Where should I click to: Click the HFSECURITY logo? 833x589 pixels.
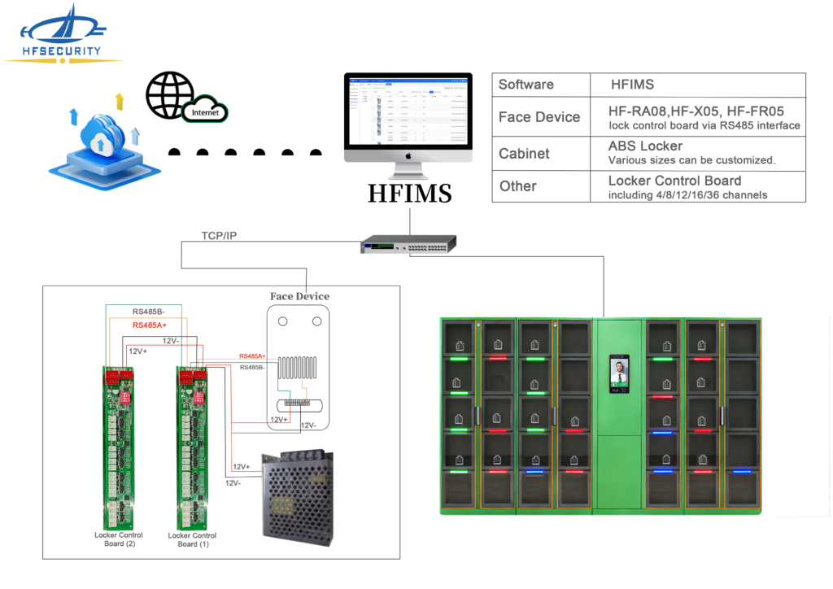point(61,34)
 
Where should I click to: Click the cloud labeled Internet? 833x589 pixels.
point(205,112)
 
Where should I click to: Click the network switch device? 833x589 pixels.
point(409,243)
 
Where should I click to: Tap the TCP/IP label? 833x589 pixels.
point(220,236)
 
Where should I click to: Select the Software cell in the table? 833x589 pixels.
point(526,85)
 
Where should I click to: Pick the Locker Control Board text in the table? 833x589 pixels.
point(674,181)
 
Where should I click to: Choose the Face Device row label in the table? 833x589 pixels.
point(539,117)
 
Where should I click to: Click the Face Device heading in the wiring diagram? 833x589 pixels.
point(299,296)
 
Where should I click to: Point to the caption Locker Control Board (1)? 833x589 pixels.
point(192,539)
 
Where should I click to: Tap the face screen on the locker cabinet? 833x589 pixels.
point(619,374)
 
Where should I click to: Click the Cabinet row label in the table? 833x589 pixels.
point(524,154)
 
